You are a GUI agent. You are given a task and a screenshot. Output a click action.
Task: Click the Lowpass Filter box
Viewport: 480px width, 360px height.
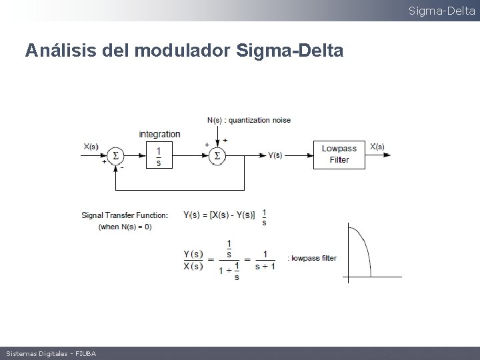339,154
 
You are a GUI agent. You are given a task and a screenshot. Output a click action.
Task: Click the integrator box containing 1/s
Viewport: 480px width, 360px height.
159,155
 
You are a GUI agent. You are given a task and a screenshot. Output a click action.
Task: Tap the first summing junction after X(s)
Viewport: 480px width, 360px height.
115,155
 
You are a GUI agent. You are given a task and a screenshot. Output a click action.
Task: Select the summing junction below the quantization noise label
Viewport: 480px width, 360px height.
217,155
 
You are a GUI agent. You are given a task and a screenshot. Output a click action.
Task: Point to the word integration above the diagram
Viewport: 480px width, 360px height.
159,134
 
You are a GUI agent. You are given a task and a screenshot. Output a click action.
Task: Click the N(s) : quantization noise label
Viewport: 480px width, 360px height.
249,120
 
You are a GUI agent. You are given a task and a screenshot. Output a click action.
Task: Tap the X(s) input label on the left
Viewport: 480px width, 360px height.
91,147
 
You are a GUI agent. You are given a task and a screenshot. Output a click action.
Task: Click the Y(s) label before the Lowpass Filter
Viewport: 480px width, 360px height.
275,155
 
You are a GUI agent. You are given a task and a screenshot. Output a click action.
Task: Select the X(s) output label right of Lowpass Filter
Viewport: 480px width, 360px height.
377,147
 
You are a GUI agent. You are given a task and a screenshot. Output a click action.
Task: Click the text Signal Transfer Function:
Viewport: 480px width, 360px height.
125,215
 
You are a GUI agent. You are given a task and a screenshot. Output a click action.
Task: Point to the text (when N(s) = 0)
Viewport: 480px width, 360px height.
125,227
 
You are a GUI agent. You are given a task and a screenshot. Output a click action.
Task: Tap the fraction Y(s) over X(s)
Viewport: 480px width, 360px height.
193,260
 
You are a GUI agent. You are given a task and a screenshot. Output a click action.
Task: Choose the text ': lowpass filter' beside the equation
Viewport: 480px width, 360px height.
312,258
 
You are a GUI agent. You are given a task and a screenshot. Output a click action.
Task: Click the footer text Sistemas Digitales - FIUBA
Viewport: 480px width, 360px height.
51,353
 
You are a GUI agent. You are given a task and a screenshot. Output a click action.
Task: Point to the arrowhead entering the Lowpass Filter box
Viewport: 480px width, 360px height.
310,155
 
